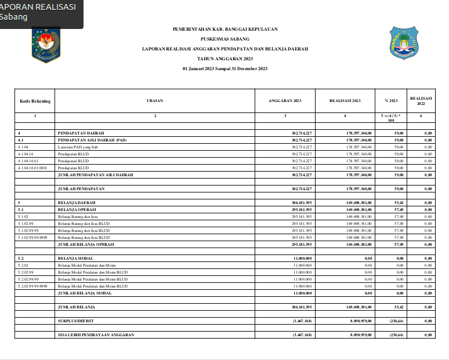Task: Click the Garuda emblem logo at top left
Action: point(44,43)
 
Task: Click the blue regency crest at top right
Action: point(404,42)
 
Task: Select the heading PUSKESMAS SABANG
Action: point(225,39)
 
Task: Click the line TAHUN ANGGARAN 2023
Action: point(225,59)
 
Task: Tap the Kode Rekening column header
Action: point(35,101)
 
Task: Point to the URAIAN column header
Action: point(155,101)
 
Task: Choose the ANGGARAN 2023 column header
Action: point(285,101)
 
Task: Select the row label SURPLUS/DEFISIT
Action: point(76,320)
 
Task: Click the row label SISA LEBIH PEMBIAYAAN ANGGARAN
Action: point(96,334)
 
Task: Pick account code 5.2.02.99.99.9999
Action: point(33,286)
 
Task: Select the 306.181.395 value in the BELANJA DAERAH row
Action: point(302,202)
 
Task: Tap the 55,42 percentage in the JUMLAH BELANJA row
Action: point(398,306)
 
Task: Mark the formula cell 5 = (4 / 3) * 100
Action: point(390,118)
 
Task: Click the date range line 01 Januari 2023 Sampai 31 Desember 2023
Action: point(225,69)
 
